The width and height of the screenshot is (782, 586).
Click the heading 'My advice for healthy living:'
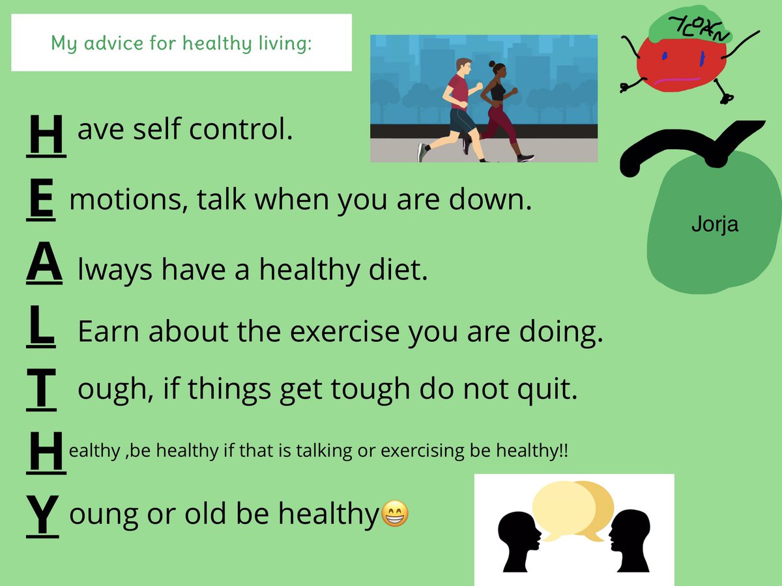181,44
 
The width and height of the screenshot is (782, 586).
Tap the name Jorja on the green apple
714,226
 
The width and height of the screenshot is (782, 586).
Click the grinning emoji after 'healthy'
394,514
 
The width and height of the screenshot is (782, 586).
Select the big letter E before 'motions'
41,201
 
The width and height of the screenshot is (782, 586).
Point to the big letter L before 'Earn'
41,329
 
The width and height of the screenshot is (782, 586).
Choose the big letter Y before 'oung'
43,514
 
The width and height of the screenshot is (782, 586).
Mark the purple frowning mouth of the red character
681,82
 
